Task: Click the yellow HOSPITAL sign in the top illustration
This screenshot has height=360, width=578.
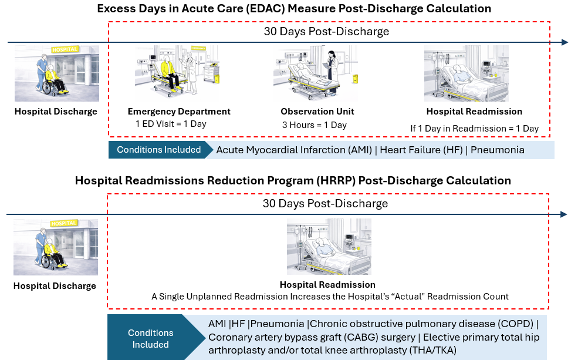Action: (65, 49)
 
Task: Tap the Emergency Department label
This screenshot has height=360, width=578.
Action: (179, 112)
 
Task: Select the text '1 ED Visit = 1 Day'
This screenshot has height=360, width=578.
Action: (171, 124)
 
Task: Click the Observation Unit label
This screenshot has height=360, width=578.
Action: (317, 112)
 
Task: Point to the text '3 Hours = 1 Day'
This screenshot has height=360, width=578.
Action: (315, 125)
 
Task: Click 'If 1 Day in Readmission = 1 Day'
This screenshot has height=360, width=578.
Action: (474, 129)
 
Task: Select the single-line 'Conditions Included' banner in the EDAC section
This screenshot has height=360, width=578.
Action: (159, 150)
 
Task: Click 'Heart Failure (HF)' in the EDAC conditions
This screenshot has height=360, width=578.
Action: (421, 150)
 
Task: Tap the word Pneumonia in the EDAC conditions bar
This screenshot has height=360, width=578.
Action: (498, 150)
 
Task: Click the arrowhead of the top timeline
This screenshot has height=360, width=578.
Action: (565, 42)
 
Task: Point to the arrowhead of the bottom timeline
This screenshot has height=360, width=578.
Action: (564, 214)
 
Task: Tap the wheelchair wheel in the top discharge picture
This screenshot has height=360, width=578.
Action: (47, 88)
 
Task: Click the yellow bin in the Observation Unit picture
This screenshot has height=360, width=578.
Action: (356, 79)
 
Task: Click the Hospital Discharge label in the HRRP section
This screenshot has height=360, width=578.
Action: (55, 286)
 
